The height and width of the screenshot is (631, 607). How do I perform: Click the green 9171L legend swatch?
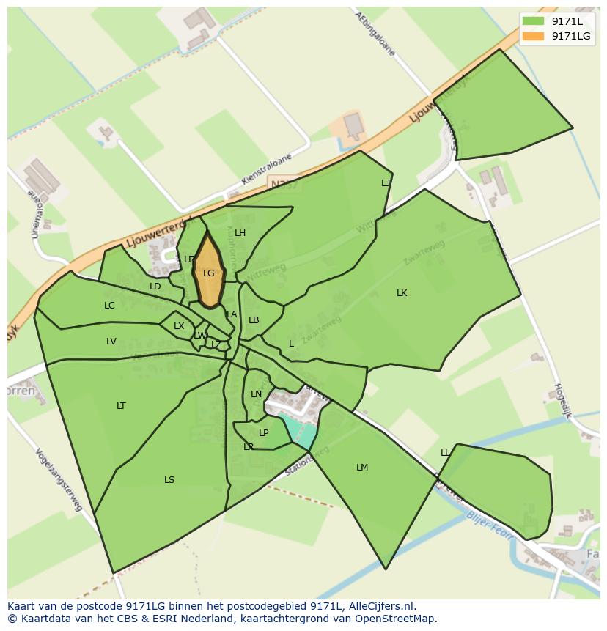(x=534, y=21)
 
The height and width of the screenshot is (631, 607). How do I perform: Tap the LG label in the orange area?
(x=209, y=273)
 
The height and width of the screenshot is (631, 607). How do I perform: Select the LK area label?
(x=402, y=293)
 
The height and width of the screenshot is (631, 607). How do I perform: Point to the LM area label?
(x=362, y=468)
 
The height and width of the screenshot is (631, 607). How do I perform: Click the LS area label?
(x=169, y=480)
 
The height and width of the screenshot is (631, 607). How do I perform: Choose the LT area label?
(x=121, y=406)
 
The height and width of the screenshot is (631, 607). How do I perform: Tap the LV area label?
(x=111, y=342)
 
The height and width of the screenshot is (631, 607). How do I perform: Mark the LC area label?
(x=109, y=306)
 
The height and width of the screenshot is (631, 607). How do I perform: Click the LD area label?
(x=155, y=287)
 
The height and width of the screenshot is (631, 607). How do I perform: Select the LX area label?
(x=179, y=326)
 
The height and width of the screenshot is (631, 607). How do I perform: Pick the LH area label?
(x=240, y=234)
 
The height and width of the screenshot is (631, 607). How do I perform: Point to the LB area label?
(x=254, y=320)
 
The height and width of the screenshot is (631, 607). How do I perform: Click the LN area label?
(x=256, y=394)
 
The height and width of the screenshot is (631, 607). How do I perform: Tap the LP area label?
(x=264, y=433)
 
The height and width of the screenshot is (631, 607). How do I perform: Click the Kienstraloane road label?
(x=266, y=169)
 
